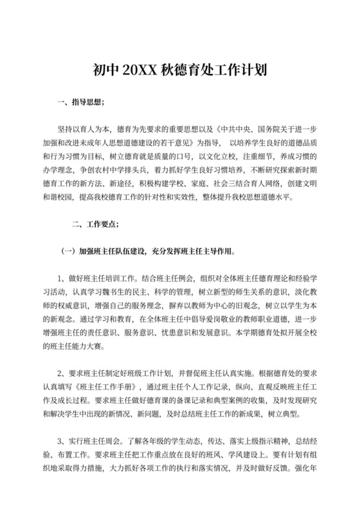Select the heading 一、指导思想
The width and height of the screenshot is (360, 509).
pyautogui.click(x=80, y=102)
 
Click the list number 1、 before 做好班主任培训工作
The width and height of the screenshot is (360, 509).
pyautogui.click(x=62, y=277)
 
